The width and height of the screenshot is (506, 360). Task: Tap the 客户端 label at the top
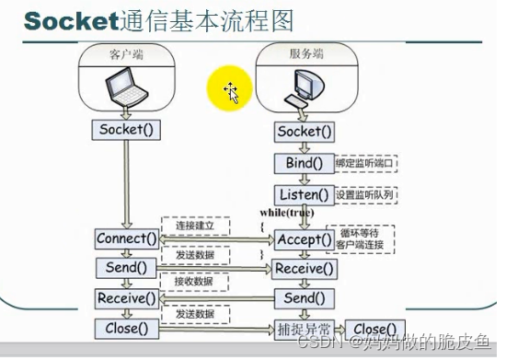(x=126, y=54)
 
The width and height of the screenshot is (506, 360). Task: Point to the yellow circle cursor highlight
(x=229, y=91)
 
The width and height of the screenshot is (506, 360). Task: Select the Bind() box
(x=304, y=164)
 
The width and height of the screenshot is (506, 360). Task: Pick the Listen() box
(x=304, y=195)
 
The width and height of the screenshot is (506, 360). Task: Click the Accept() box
(x=303, y=239)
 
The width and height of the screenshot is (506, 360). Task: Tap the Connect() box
(x=127, y=238)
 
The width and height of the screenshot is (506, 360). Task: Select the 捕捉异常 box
(x=304, y=329)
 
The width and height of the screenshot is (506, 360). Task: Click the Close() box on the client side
(x=127, y=327)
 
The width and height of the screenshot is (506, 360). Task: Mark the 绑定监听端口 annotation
(x=366, y=164)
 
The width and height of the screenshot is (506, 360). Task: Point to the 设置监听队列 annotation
(x=366, y=195)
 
